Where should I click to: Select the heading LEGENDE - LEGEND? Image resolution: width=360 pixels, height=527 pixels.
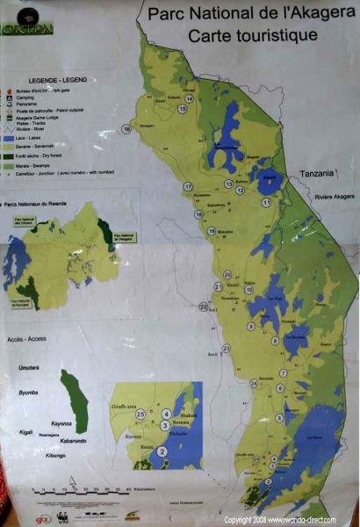39,79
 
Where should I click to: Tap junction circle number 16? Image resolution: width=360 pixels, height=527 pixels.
127,129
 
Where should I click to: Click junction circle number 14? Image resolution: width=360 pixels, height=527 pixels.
189,98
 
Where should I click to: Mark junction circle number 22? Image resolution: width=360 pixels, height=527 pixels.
203,307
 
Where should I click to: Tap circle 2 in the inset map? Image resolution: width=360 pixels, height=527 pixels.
161,451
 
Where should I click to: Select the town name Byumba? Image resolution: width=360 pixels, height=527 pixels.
30,396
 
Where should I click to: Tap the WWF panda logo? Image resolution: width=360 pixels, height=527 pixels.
62,516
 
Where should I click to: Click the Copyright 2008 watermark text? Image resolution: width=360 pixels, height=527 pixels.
279,520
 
